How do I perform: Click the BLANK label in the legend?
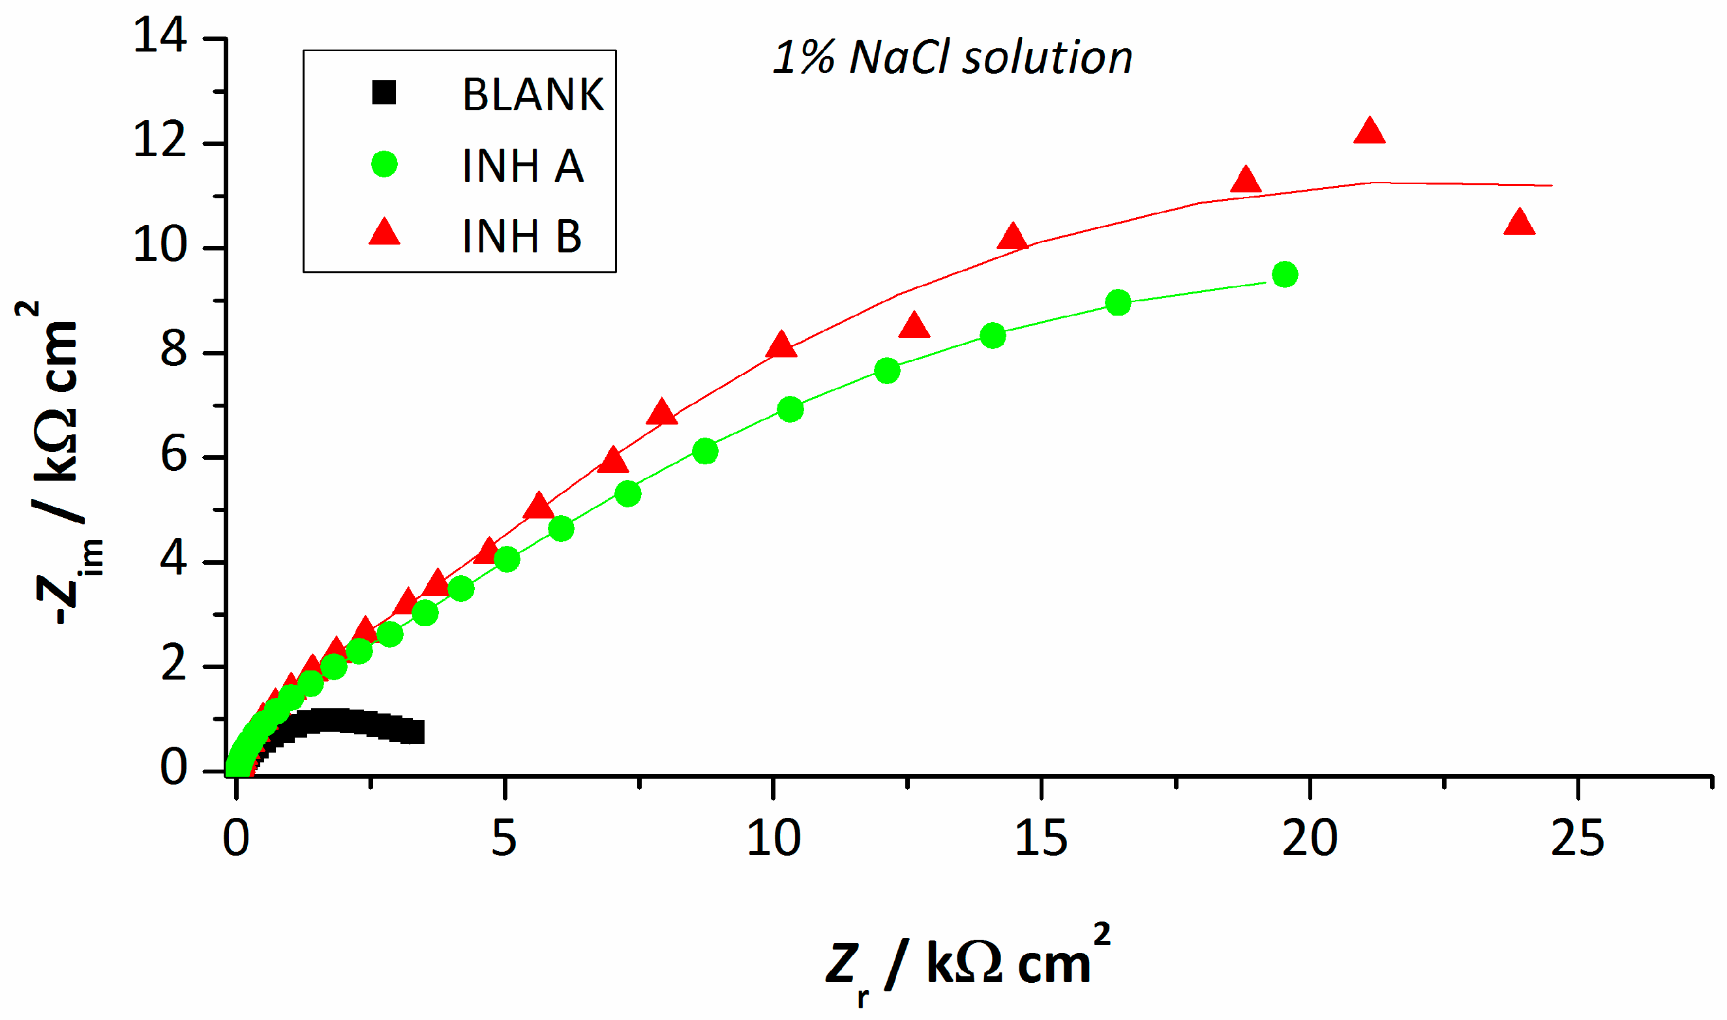click(x=533, y=94)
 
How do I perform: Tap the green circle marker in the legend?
click(x=384, y=164)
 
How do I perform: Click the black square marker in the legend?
click(x=384, y=92)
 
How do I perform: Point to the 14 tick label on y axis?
click(x=159, y=35)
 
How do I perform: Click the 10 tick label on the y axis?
click(x=159, y=245)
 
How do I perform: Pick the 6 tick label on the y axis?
click(x=173, y=455)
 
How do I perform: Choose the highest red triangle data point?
click(x=1369, y=131)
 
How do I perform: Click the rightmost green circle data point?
click(x=1285, y=275)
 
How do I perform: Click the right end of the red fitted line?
click(x=1551, y=186)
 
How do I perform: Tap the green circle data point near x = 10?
click(x=790, y=410)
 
